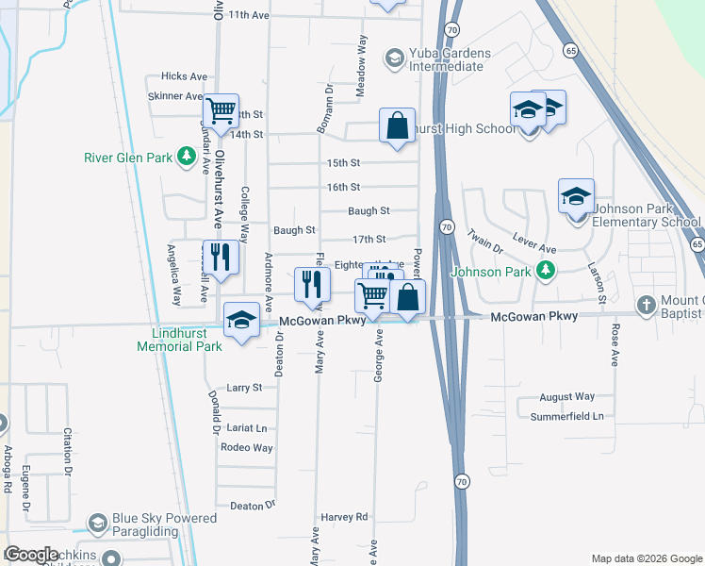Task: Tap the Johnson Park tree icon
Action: [545, 272]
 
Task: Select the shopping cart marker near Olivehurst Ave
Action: [221, 110]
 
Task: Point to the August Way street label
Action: [567, 397]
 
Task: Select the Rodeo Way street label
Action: [246, 448]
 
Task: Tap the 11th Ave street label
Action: [249, 15]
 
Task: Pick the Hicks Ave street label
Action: [184, 76]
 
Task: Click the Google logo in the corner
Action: [31, 555]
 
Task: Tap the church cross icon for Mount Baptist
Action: [646, 305]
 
